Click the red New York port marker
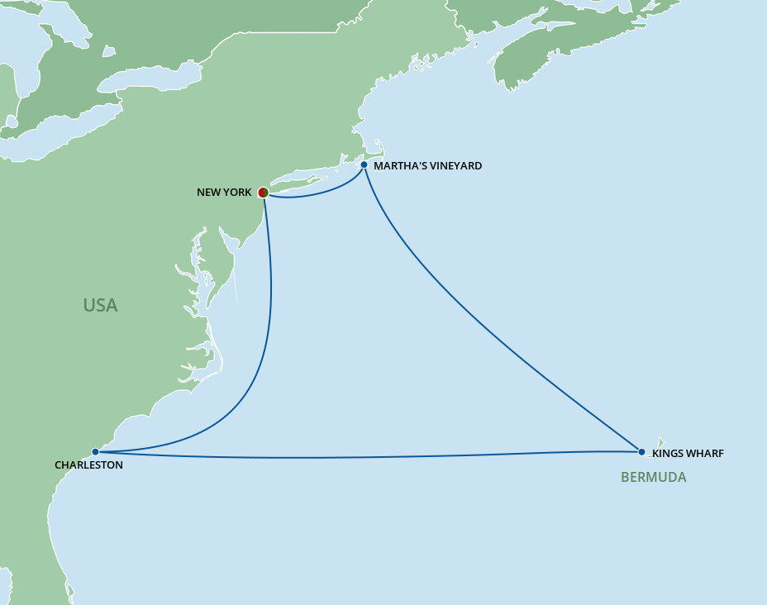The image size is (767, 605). pyautogui.click(x=263, y=193)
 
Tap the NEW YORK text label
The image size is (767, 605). pyautogui.click(x=224, y=193)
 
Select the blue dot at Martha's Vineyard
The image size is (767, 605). pyautogui.click(x=364, y=164)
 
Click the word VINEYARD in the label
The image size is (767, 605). pyautogui.click(x=455, y=166)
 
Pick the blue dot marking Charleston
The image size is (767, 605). pyautogui.click(x=96, y=452)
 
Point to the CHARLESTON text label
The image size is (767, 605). pyautogui.click(x=88, y=465)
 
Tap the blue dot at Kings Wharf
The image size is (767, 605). pyautogui.click(x=641, y=452)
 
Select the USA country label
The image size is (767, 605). pyautogui.click(x=100, y=305)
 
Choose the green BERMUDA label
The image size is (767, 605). pyautogui.click(x=653, y=478)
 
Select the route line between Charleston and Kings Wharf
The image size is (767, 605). pyautogui.click(x=372, y=457)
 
